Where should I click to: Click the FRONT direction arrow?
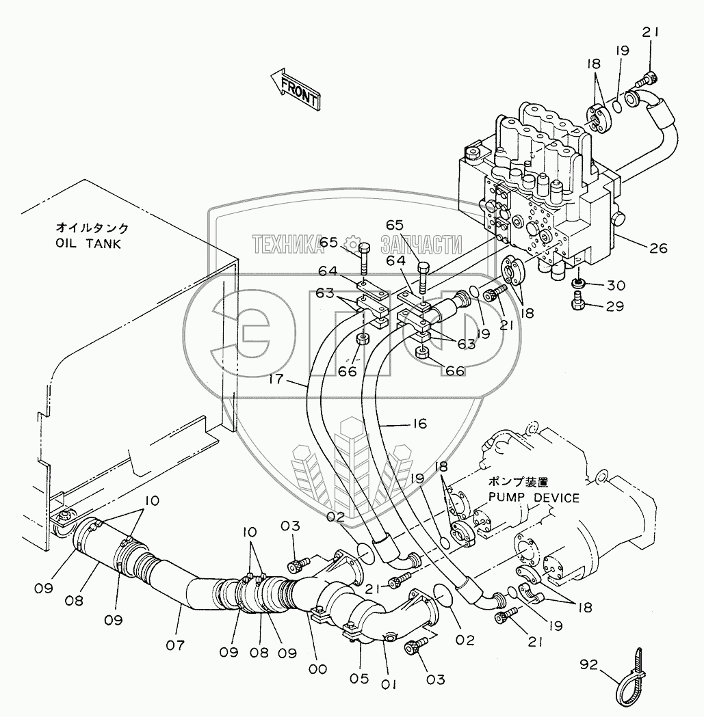point(296,90)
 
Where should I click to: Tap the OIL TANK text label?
point(88,244)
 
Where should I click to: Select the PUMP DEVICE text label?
point(534,498)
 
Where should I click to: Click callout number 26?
point(659,248)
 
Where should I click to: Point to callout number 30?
point(616,285)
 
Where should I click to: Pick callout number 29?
point(615,306)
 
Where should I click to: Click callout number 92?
point(588,664)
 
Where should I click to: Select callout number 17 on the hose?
point(276,379)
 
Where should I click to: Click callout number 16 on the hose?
point(419,424)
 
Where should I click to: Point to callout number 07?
point(175,645)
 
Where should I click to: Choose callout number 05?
point(359,679)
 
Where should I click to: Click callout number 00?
point(317,669)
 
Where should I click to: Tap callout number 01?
point(388,685)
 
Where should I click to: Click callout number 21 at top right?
point(650,32)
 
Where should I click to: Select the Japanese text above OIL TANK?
point(92,228)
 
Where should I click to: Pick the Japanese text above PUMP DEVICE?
point(518,482)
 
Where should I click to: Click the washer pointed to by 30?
point(578,284)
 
